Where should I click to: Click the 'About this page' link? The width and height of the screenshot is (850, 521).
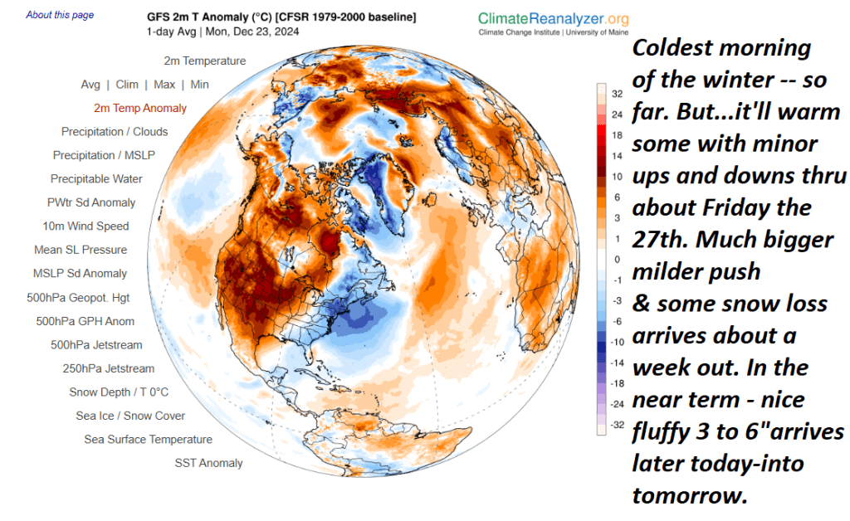pyautogui.click(x=60, y=15)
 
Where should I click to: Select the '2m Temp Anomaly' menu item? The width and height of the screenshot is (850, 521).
pyautogui.click(x=140, y=108)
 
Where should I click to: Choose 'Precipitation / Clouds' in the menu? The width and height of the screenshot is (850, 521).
pyautogui.click(x=115, y=132)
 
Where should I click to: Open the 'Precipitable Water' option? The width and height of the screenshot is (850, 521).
pyautogui.click(x=96, y=179)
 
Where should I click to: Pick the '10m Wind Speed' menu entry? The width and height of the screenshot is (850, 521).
pyautogui.click(x=85, y=226)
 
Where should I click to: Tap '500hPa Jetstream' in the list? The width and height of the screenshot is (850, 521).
pyautogui.click(x=96, y=345)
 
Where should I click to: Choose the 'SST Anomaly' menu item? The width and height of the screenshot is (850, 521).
pyautogui.click(x=208, y=463)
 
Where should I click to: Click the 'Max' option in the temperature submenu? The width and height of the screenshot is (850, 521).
pyautogui.click(x=164, y=85)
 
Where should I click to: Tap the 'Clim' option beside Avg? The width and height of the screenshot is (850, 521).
pyautogui.click(x=127, y=85)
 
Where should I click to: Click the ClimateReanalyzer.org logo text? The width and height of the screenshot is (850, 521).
pyautogui.click(x=553, y=19)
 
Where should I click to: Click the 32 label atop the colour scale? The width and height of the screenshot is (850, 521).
pyautogui.click(x=618, y=93)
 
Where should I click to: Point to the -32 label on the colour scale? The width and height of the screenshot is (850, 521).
pyautogui.click(x=616, y=425)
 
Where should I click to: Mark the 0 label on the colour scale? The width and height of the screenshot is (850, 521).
pyautogui.click(x=618, y=259)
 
